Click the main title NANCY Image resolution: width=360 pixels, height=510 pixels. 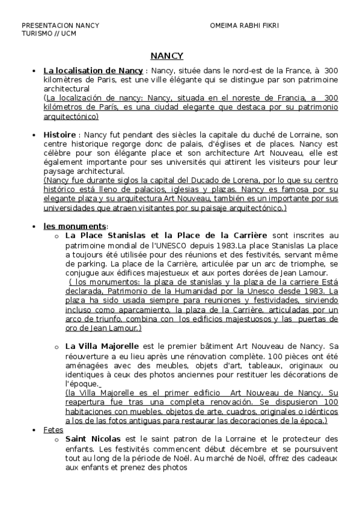166,56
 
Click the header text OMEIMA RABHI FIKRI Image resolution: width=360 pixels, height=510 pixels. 245,26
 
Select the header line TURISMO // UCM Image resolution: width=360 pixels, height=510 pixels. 49,33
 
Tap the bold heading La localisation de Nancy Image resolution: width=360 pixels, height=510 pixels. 93,71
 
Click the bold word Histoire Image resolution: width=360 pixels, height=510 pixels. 59,134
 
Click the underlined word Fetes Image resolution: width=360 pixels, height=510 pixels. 53,431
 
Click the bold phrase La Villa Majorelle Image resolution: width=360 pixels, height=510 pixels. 102,346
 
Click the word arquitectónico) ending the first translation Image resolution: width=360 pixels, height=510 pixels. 71,116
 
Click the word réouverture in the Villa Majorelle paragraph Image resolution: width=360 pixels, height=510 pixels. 91,357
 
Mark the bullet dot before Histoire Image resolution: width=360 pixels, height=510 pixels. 34,135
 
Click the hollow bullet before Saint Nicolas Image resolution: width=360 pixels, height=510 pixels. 56,440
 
